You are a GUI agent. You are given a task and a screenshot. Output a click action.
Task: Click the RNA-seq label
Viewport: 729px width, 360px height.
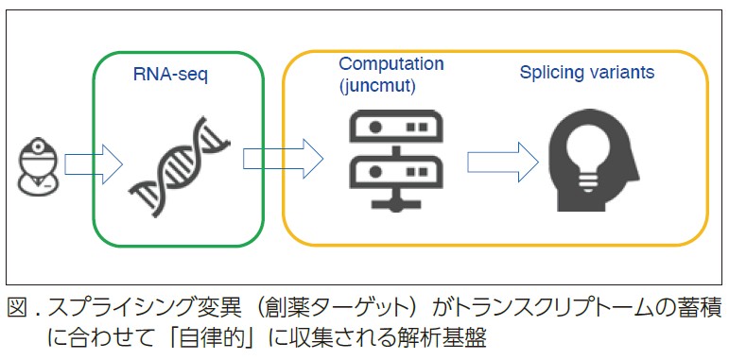(x=164, y=72)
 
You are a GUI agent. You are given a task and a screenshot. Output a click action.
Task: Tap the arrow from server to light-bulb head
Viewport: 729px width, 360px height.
(x=500, y=159)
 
